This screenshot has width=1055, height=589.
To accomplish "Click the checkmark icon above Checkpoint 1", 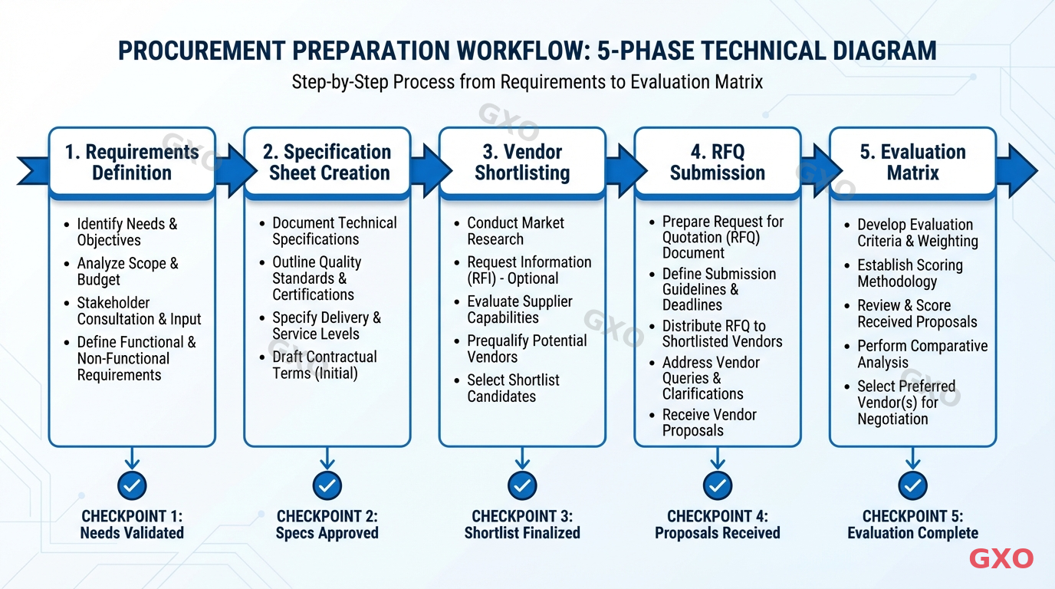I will pyautogui.click(x=132, y=485).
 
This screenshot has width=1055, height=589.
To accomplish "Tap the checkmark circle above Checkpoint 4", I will pyautogui.click(x=717, y=485).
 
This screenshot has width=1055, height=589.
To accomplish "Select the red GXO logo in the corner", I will pyautogui.click(x=1001, y=558).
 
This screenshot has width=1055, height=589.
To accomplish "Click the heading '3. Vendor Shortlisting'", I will pyautogui.click(x=522, y=163).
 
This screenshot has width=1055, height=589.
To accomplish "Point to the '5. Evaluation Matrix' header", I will pyautogui.click(x=912, y=163).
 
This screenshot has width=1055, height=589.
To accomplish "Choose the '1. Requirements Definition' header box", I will pyautogui.click(x=132, y=163).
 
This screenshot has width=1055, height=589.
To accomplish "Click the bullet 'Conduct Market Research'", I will pyautogui.click(x=515, y=231).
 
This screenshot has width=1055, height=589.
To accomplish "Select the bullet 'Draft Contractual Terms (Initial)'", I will pyautogui.click(x=324, y=365).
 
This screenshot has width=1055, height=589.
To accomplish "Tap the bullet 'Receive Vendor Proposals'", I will pyautogui.click(x=709, y=423).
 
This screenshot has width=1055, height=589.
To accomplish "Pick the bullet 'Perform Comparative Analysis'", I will pyautogui.click(x=922, y=354).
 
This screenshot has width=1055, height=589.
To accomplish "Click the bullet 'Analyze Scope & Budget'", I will pyautogui.click(x=127, y=271).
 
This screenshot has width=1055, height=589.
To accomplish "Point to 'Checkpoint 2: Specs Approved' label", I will pyautogui.click(x=327, y=525).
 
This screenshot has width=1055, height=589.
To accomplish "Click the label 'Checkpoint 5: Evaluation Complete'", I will pyautogui.click(x=912, y=525).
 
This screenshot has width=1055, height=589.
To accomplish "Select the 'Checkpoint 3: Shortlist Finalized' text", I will pyautogui.click(x=522, y=525).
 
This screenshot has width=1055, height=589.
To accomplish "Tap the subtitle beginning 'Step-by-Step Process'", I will pyautogui.click(x=527, y=81).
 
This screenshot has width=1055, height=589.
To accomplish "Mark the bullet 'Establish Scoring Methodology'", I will pyautogui.click(x=909, y=273).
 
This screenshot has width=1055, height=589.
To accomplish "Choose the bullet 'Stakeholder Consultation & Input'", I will pyautogui.click(x=139, y=311).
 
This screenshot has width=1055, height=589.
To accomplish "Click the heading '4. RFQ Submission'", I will pyautogui.click(x=717, y=163).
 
